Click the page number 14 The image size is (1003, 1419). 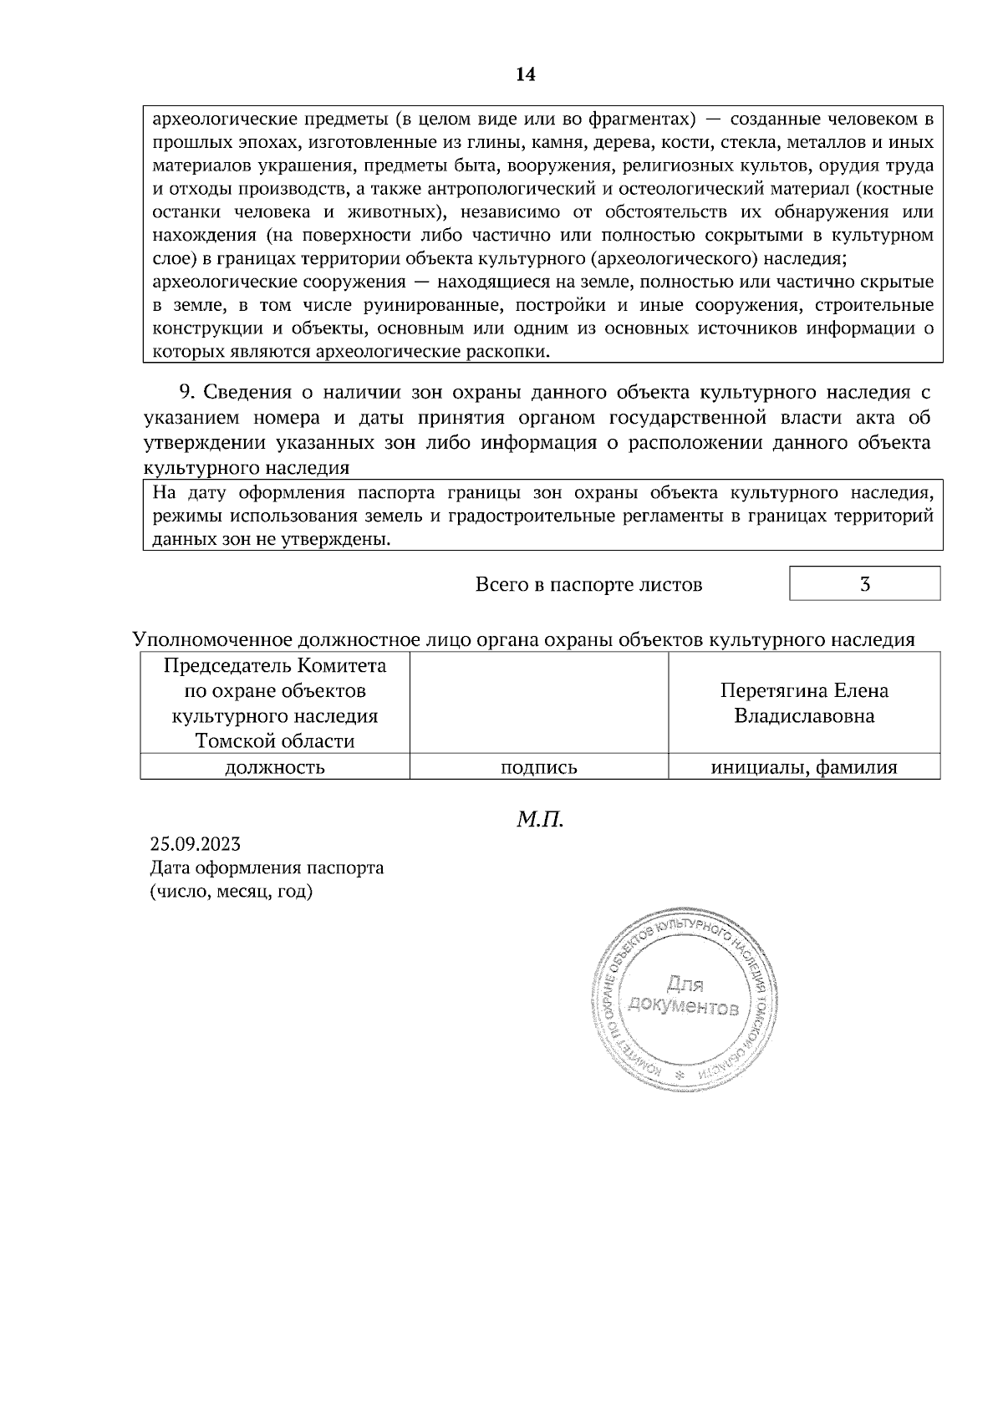coord(525,75)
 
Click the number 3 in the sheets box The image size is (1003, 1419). coord(865,584)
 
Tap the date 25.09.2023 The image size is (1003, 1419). coord(195,844)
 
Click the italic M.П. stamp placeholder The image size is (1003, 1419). coord(540,819)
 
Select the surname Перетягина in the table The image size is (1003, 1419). coord(771,691)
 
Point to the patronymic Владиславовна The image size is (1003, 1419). coord(804,716)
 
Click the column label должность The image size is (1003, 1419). coord(274,767)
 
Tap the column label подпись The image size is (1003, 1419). coord(538,767)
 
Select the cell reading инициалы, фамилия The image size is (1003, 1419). coord(804,767)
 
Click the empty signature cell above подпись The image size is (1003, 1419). coord(538,704)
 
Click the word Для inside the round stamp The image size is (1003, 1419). coord(685,983)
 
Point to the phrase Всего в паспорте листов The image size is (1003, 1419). coord(588,585)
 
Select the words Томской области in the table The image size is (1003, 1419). coord(274,741)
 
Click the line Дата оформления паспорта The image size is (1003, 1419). coord(267,867)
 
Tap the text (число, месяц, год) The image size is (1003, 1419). coord(231,892)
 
